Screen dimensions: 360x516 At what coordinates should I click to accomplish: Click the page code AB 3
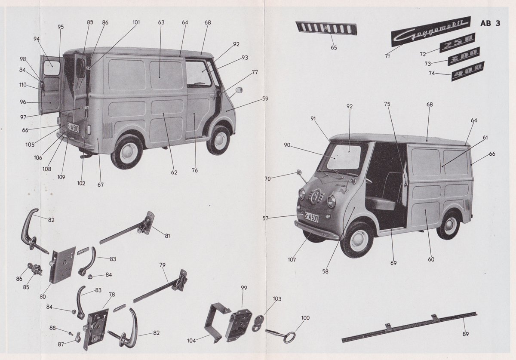(x=490, y=24)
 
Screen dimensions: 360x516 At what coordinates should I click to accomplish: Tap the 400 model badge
(x=467, y=71)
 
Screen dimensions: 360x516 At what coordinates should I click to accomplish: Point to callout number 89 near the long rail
(x=465, y=334)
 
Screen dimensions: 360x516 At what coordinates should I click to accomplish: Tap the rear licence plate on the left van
(x=73, y=127)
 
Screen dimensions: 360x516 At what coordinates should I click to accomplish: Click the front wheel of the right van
(x=356, y=239)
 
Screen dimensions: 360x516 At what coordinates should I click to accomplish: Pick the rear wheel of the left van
(x=128, y=152)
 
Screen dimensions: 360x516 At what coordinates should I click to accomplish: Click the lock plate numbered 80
(x=62, y=264)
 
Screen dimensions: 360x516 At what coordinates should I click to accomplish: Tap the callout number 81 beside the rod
(x=167, y=236)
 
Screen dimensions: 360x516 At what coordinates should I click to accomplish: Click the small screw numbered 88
(x=71, y=332)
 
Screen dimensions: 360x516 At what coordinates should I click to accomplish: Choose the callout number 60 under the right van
(x=431, y=259)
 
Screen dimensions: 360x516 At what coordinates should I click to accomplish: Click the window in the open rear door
(x=52, y=68)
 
